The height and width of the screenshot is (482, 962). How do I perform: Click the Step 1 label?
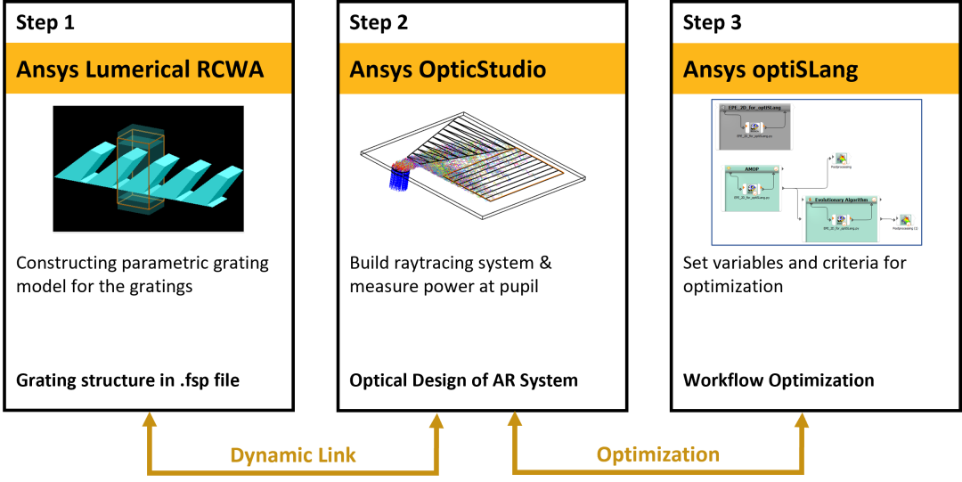point(45,23)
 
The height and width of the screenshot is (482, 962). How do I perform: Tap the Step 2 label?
point(379,23)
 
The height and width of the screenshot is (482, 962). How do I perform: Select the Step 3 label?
point(712,23)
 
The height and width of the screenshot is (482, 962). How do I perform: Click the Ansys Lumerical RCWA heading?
point(140,69)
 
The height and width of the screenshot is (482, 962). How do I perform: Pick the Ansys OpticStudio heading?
point(447,69)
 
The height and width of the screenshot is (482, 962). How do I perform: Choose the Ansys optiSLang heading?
point(770,69)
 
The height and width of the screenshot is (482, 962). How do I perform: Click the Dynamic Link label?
point(293,455)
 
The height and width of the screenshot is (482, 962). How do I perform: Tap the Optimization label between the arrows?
point(658,454)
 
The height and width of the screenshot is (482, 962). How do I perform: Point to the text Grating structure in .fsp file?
point(127,380)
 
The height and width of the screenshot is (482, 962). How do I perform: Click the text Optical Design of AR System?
point(463,380)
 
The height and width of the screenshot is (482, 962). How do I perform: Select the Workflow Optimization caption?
point(779,380)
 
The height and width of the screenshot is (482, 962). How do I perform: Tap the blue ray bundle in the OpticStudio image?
point(398,177)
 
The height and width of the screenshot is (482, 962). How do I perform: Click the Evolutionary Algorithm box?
point(841,218)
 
